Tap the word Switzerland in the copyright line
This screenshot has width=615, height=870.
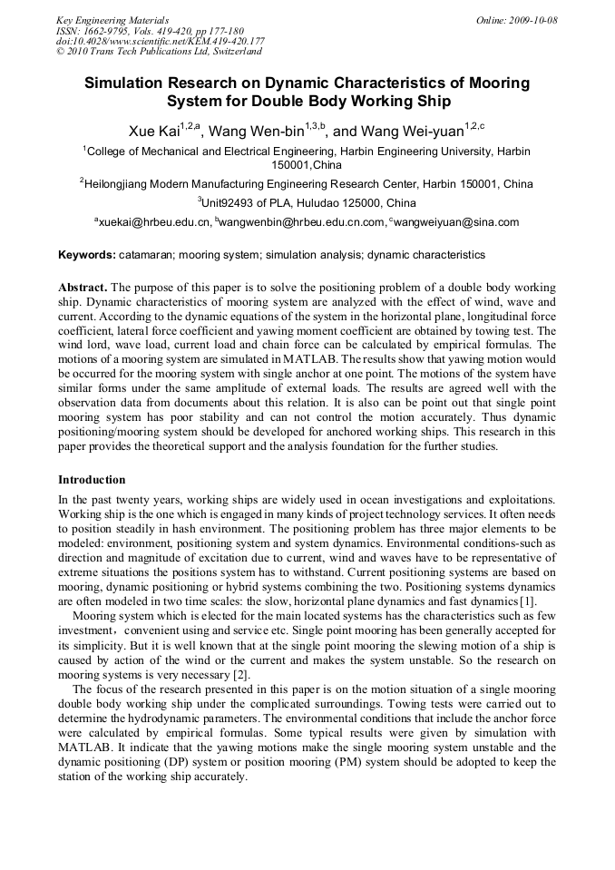point(236,52)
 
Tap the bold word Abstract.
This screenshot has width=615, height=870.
point(83,287)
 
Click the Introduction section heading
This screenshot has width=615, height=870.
point(92,480)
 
